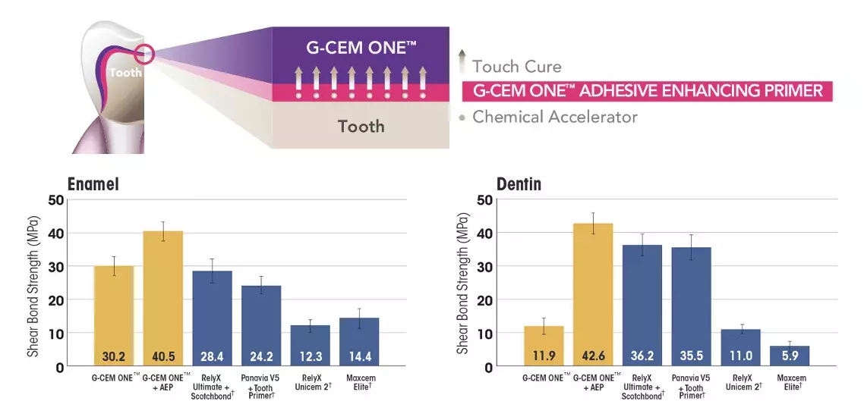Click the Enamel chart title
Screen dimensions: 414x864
[95, 185]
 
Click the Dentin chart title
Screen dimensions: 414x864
[519, 185]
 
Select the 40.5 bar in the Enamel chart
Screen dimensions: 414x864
[162, 296]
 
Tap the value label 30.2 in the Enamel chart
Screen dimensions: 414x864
[114, 355]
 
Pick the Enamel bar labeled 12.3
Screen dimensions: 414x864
[310, 345]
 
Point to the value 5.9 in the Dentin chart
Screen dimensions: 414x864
[790, 355]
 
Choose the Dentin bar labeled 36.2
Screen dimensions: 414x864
[642, 303]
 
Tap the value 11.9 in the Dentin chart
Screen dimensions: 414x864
[543, 355]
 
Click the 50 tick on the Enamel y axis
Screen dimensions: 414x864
[55, 200]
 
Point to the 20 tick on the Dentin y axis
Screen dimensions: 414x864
[484, 300]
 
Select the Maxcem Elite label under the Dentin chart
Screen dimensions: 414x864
[791, 382]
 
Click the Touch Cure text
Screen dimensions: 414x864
[516, 66]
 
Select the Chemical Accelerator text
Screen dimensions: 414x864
[554, 117]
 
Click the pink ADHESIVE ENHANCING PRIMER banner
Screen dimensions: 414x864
[647, 91]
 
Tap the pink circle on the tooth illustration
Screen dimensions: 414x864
[143, 55]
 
